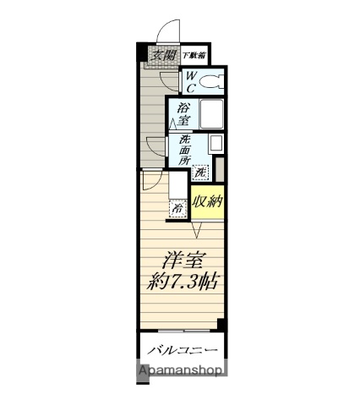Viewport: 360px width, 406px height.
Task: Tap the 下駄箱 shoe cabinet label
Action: click(195, 55)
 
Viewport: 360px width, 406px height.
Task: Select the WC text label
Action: click(194, 82)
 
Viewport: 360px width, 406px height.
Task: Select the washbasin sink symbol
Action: click(215, 144)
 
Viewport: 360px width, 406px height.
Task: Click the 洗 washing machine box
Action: click(200, 173)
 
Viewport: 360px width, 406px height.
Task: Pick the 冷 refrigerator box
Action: click(177, 207)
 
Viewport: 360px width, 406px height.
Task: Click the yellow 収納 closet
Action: click(208, 201)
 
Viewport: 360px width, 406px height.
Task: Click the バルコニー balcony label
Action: click(183, 349)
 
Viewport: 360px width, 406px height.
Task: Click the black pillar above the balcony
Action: click(221, 323)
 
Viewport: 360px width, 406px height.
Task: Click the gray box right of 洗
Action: click(220, 170)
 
